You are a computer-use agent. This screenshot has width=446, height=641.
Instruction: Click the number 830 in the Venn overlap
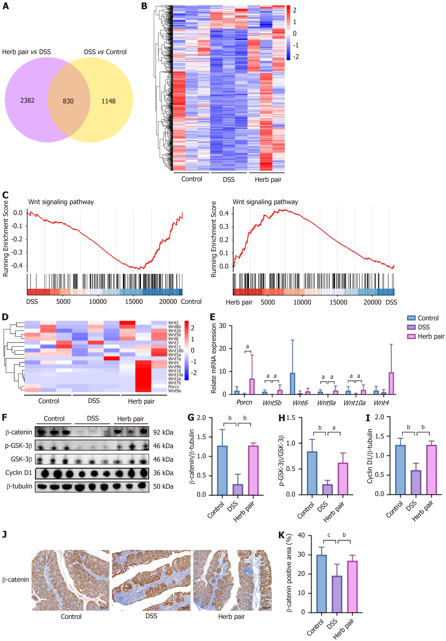68,101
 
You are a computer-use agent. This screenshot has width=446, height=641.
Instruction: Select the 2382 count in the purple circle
27,100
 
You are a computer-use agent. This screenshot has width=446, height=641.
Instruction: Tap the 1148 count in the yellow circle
109,101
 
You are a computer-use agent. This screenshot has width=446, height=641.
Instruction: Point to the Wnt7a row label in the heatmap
174,359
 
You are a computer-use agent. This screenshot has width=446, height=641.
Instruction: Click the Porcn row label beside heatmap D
174,387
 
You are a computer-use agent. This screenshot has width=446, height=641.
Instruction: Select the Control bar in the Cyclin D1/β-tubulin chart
400,470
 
